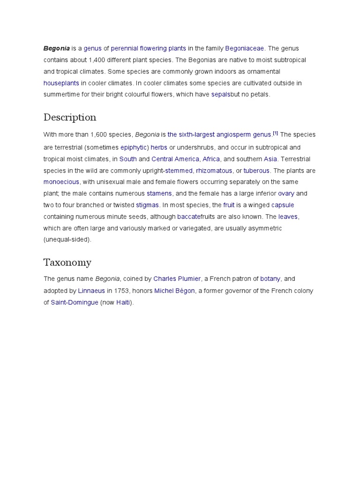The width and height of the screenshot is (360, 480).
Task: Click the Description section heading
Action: tap(70, 117)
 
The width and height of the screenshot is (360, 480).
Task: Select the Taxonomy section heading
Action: tap(67, 262)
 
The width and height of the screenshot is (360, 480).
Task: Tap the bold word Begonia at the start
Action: tap(57, 48)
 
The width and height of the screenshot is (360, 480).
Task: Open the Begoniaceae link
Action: tap(245, 48)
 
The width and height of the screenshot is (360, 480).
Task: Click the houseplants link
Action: tap(61, 83)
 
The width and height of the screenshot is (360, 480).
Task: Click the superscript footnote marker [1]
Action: tap(276, 134)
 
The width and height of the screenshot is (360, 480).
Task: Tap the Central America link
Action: tap(175, 159)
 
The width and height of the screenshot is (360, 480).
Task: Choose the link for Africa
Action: tap(211, 159)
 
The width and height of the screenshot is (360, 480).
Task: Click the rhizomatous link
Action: tap(214, 171)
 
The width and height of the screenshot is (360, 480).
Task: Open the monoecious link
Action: tap(61, 182)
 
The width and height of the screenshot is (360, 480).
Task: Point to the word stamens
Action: tap(159, 193)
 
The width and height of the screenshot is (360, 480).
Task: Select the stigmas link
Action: tap(147, 205)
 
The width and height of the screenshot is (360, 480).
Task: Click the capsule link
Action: tap(283, 205)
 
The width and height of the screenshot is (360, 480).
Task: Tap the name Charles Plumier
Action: tap(177, 278)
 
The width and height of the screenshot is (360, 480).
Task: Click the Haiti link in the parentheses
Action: tap(123, 302)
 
